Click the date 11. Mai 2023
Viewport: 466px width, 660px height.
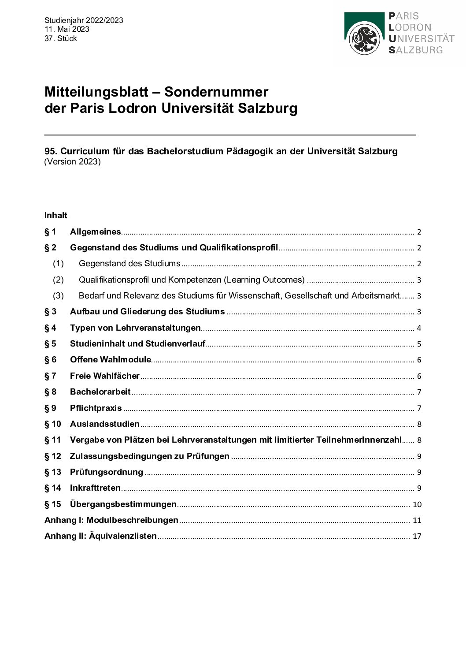67,29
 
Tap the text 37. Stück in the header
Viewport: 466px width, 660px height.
61,38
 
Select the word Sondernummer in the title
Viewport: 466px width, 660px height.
216,92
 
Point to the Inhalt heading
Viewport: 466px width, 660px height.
56,216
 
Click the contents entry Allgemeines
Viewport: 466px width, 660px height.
95,232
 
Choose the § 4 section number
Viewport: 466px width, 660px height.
51,328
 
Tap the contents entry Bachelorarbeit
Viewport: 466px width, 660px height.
100,392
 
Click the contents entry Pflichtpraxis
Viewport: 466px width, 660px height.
96,408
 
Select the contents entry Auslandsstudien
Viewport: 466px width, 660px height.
105,424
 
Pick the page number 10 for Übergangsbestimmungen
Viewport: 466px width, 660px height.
417,504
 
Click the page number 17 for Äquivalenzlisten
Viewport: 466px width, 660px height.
417,537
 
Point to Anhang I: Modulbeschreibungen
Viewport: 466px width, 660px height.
111,520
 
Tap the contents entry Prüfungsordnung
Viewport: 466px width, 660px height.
107,472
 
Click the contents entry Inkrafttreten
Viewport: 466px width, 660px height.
95,488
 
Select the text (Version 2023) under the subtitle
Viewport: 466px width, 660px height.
73,162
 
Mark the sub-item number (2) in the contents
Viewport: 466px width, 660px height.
58,280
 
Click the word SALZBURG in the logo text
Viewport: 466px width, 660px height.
416,50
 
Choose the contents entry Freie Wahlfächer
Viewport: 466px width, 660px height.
105,376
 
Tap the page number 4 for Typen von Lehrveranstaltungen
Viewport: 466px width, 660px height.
419,328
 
